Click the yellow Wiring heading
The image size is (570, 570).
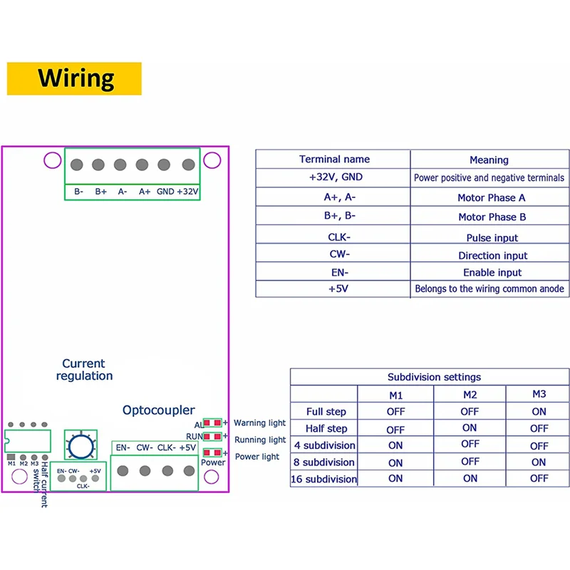pos(76,78)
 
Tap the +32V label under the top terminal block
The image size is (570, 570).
pos(187,192)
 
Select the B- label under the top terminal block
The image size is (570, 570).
pos(78,192)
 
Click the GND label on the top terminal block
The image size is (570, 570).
pos(165,192)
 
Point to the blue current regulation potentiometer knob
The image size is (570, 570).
pos(80,446)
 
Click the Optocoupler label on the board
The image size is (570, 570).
pos(158,410)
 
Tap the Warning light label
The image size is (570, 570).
pos(260,423)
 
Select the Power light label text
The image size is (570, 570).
pos(257,457)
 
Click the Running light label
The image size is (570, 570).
pos(260,440)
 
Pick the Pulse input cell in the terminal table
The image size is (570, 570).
pos(492,238)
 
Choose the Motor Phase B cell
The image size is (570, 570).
pos(492,217)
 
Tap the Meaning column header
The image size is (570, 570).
pos(489,160)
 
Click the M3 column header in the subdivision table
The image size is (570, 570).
pos(539,394)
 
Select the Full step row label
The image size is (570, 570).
pos(326,412)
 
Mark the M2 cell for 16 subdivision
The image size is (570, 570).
pos(470,479)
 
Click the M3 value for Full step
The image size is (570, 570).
pos(539,412)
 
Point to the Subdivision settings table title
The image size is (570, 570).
pos(434,377)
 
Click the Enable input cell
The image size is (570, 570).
pos(492,272)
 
